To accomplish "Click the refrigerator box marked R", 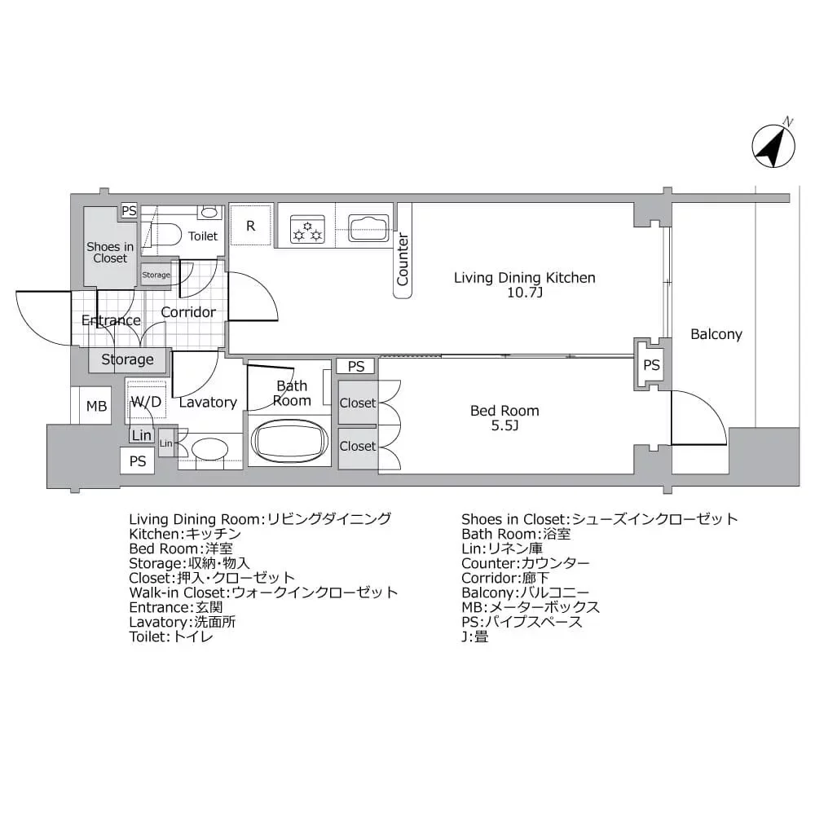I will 251,226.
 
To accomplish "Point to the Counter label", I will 402,260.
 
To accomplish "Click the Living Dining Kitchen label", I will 524,278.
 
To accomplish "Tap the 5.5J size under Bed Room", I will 504,425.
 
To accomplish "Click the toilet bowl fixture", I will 166,234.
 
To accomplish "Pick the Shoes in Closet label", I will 110,253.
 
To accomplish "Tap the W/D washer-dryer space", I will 147,401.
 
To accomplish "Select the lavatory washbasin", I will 209,449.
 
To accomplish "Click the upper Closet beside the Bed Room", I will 358,403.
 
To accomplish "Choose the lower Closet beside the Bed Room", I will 358,446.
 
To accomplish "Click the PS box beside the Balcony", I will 651,365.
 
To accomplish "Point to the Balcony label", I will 716,334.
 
